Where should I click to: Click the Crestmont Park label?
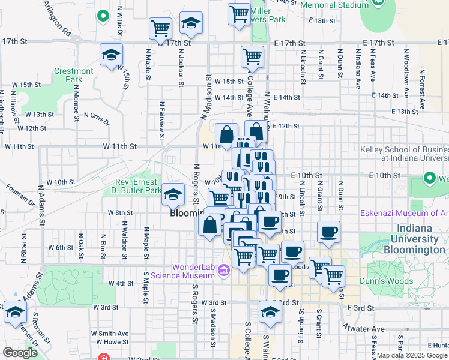pos(74,75)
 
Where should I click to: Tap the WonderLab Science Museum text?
pos(185,271)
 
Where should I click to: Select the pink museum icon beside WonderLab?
pos(224,271)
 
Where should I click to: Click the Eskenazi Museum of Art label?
pos(403,213)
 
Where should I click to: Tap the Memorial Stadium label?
pos(334,5)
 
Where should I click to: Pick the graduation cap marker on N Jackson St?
pos(191,23)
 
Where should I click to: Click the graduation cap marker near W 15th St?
pos(111,55)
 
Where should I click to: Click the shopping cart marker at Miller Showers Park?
pos(239,13)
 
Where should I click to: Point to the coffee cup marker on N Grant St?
pos(328,232)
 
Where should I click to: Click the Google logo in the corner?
pos(20,353)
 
